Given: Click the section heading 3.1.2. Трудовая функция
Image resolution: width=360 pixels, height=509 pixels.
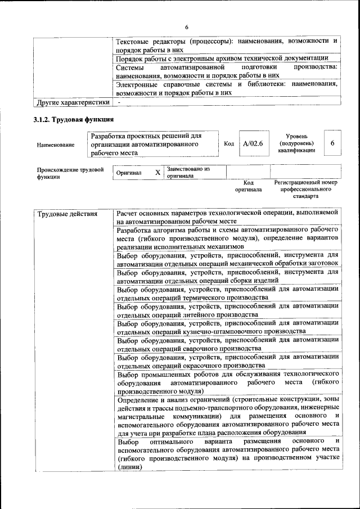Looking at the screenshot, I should tap(74, 120).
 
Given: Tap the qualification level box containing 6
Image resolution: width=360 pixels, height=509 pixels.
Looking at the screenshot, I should tap(332, 144).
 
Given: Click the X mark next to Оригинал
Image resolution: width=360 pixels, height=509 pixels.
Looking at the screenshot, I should tap(157, 172).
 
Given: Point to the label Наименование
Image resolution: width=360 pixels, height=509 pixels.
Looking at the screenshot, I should tap(55, 145).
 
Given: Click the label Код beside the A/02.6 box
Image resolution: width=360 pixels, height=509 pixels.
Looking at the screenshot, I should tap(229, 144).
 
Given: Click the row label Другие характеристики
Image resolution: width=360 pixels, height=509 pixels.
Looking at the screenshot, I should tap(73, 102).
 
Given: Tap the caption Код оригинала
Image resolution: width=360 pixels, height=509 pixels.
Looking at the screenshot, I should tap(248, 186).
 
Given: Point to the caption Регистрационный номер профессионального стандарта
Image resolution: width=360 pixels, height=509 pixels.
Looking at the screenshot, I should tap(305, 190).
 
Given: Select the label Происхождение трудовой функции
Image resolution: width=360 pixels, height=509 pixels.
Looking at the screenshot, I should tap(70, 172).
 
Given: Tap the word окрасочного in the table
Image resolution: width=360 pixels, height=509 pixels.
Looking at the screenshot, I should tap(201, 366).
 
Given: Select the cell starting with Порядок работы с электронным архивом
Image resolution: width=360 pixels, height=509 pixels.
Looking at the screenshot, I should tap(222, 58).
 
